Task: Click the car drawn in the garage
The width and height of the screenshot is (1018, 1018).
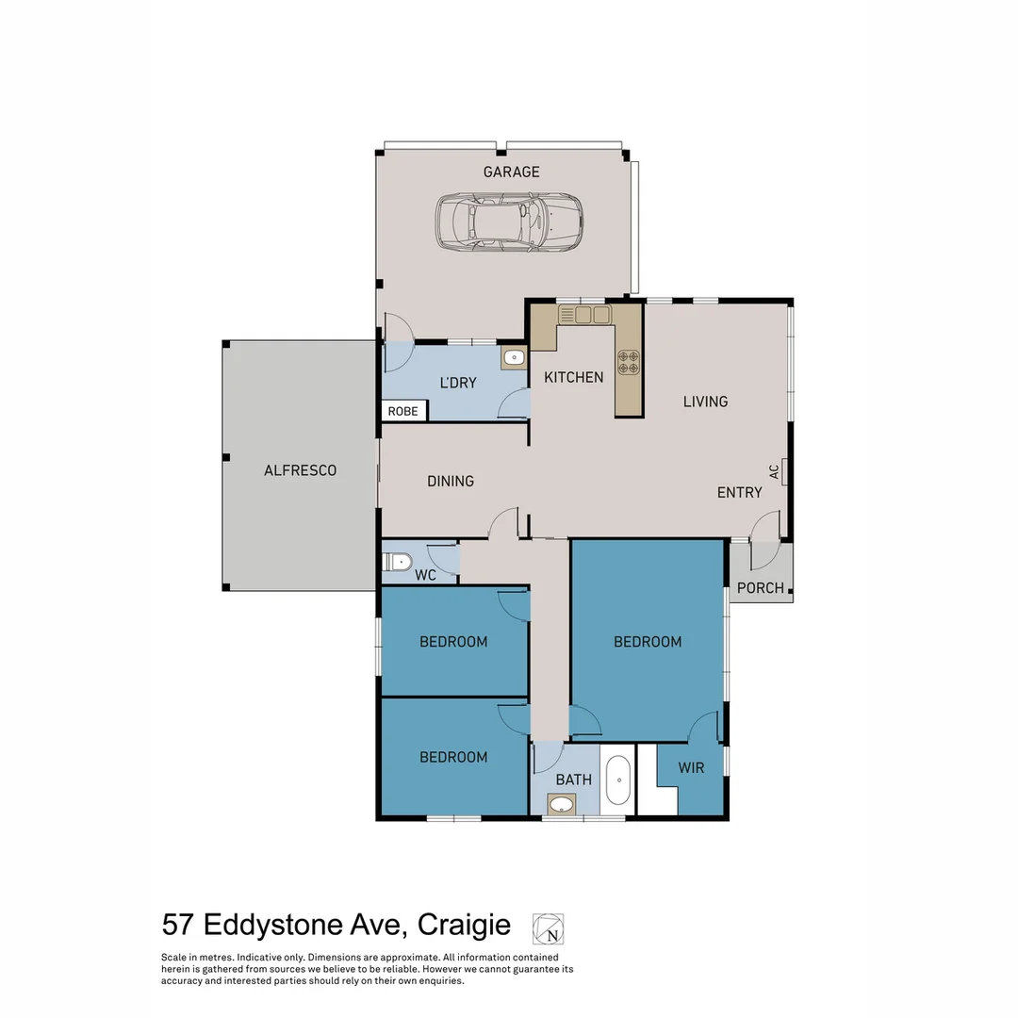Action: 509,222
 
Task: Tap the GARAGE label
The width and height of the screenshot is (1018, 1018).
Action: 511,172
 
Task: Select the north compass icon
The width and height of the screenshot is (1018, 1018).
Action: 548,928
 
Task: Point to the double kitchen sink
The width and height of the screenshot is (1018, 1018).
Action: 584,315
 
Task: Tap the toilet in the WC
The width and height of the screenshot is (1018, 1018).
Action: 399,563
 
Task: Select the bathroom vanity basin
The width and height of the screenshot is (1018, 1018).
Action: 563,805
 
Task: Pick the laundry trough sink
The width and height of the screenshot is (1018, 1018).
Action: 514,357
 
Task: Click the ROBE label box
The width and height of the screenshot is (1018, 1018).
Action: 403,411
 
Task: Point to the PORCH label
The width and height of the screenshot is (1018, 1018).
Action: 760,588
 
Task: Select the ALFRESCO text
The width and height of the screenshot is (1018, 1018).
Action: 300,470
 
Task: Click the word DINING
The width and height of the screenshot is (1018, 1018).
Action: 451,481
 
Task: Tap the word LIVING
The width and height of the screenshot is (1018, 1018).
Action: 705,402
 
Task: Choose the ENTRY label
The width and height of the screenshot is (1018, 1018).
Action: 739,492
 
